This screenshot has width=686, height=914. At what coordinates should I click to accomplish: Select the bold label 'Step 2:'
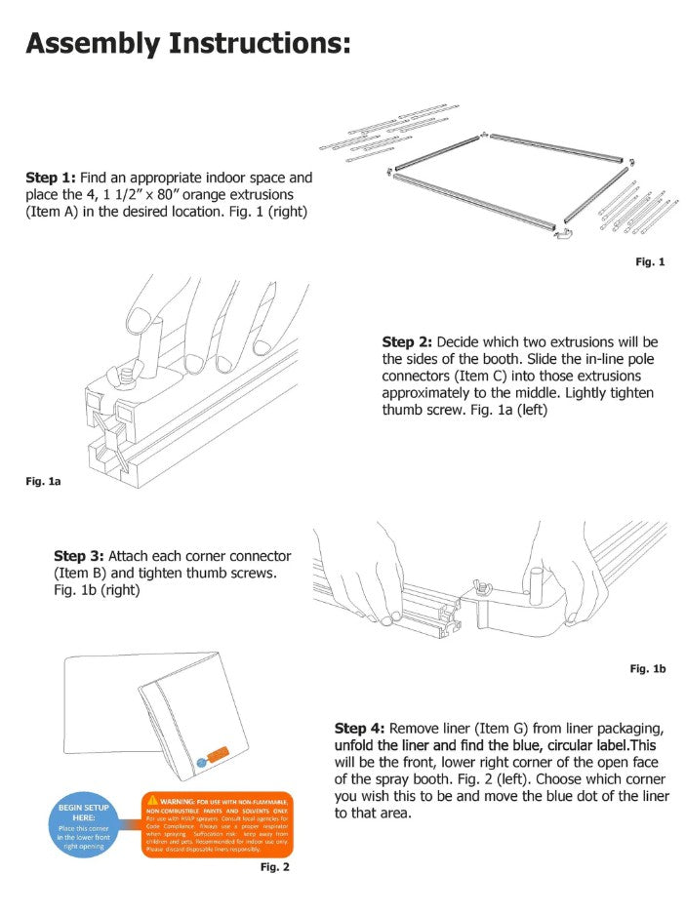(407, 342)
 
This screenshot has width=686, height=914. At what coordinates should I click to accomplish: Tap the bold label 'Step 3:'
(78, 555)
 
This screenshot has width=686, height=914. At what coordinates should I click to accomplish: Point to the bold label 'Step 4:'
(359, 729)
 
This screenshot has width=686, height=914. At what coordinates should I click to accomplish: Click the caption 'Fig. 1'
(650, 261)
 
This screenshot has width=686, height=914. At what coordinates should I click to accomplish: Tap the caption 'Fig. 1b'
(647, 668)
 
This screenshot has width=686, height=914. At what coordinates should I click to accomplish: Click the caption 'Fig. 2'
(274, 866)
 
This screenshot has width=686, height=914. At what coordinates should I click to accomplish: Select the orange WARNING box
(217, 822)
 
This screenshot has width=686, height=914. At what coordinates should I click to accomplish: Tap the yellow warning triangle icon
(152, 800)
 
